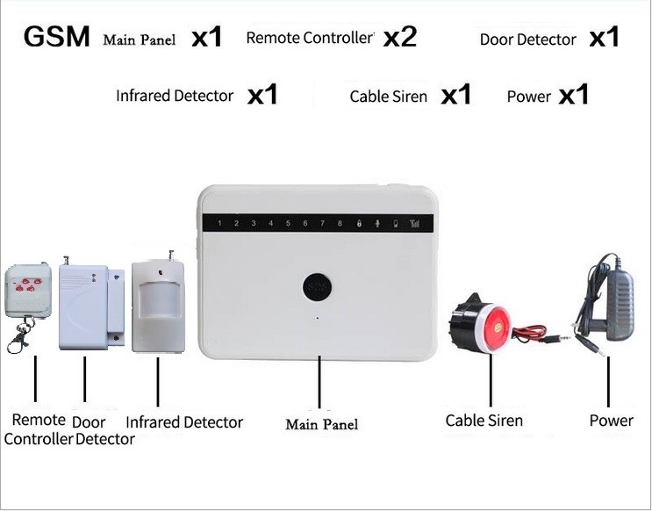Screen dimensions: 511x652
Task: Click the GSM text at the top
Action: tap(56, 38)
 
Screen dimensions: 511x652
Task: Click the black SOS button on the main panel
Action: tap(317, 287)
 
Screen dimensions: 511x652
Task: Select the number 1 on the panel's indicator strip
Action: tap(219, 224)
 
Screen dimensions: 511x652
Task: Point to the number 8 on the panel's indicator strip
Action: tap(340, 224)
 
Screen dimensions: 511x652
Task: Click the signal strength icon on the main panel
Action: tap(414, 224)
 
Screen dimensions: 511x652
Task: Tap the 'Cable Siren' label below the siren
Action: tap(484, 421)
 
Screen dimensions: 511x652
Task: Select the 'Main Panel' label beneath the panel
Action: tap(321, 425)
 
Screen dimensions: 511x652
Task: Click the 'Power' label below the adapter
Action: tap(611, 421)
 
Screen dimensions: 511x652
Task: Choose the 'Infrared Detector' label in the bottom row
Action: tap(183, 422)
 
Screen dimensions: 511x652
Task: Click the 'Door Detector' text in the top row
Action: tap(527, 40)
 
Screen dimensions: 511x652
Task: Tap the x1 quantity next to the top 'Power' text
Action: tap(573, 94)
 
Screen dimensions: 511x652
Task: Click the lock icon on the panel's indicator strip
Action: tap(358, 224)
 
